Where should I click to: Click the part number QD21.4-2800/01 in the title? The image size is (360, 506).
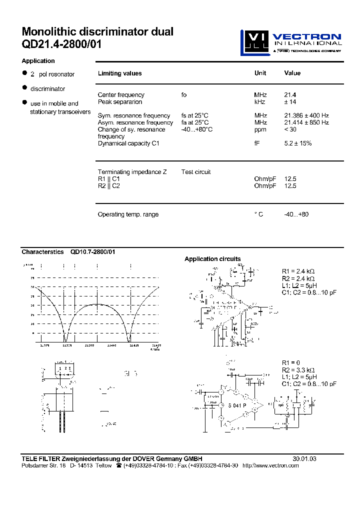click(x=61, y=44)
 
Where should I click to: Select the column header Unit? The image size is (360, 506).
click(x=260, y=73)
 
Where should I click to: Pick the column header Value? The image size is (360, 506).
click(x=292, y=73)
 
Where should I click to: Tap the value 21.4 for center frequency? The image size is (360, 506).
click(x=290, y=94)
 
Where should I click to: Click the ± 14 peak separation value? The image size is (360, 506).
click(x=291, y=101)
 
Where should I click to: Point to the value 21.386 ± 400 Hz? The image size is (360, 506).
click(x=306, y=115)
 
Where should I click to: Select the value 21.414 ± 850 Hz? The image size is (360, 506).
click(x=306, y=122)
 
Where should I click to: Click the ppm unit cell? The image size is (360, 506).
click(x=260, y=129)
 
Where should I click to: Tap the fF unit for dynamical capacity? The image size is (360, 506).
click(x=257, y=143)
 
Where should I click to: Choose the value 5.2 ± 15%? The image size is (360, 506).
click(x=297, y=143)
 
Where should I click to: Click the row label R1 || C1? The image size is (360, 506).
click(x=109, y=179)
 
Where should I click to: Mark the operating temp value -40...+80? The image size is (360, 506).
click(x=296, y=214)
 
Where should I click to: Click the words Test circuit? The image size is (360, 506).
click(x=196, y=172)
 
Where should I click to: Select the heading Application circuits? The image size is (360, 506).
click(x=212, y=259)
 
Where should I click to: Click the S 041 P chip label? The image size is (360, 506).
click(x=238, y=406)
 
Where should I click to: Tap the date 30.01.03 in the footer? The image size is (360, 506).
click(x=304, y=458)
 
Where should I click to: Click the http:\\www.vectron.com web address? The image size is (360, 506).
click(x=270, y=465)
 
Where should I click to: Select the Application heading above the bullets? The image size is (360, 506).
click(x=38, y=61)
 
